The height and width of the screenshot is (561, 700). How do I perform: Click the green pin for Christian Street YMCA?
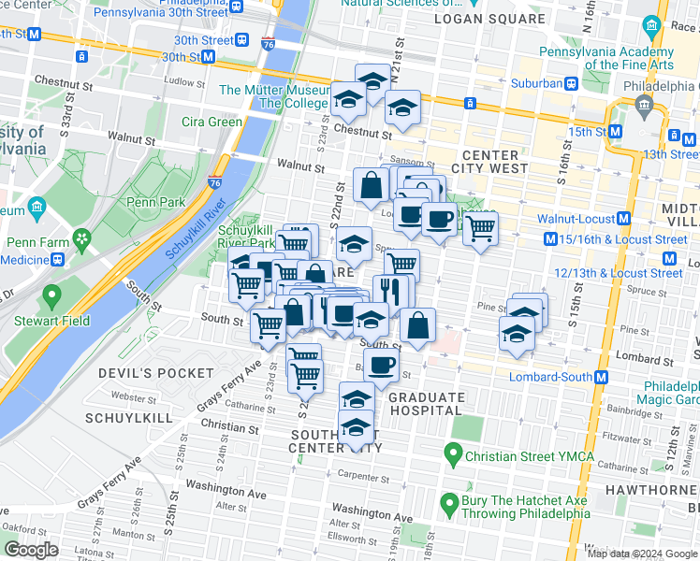(454, 456)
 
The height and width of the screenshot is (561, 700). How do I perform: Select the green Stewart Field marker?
(51, 298)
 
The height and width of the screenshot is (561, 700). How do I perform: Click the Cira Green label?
(212, 122)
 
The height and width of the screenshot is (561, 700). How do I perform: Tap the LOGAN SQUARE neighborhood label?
(496, 19)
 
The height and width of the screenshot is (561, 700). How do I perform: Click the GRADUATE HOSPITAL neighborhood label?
(426, 403)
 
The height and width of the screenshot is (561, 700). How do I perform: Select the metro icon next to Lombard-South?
(601, 377)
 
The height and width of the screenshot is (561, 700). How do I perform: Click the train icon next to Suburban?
(569, 83)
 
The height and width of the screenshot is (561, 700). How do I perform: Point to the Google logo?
(32, 550)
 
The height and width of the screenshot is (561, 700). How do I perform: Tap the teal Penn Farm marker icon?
(83, 239)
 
